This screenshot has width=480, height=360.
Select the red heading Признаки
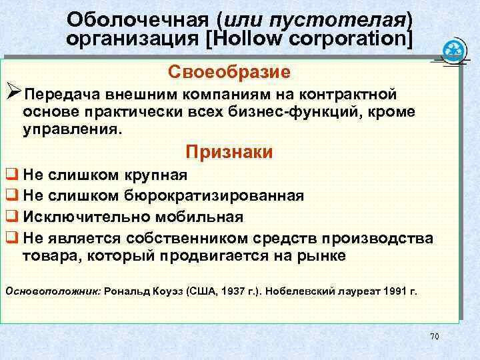[229, 153]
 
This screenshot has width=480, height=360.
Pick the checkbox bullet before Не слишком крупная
[11, 177]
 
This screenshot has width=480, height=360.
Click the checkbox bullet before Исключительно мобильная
[11, 217]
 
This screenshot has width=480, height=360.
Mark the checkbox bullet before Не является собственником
[11, 238]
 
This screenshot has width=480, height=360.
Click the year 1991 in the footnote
[391, 291]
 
